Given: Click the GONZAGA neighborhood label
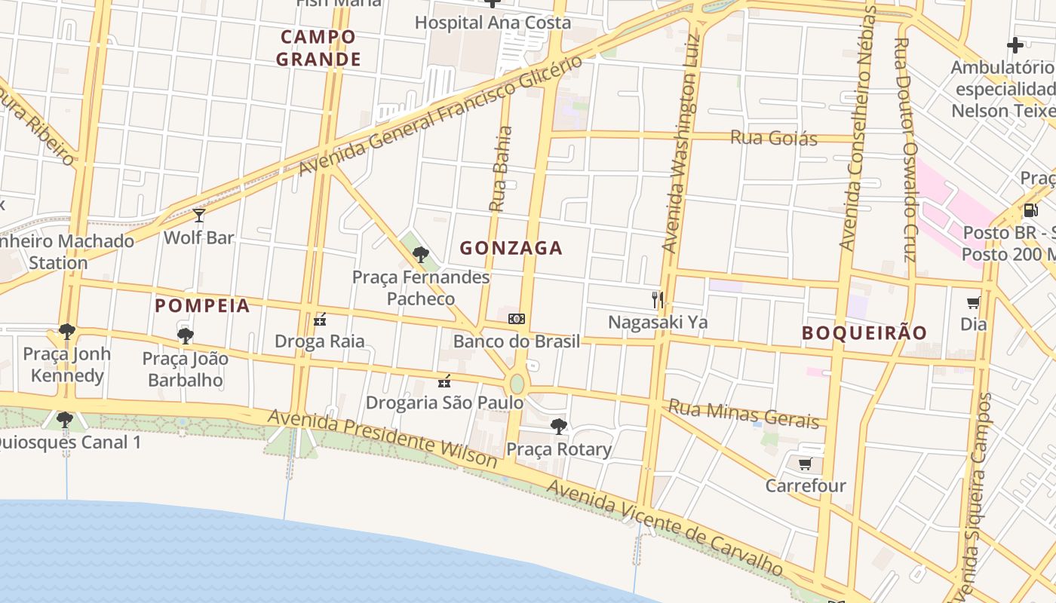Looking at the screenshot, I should click(x=511, y=248).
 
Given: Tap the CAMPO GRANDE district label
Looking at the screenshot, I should click(x=318, y=47).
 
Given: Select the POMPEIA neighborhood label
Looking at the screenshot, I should click(x=202, y=305).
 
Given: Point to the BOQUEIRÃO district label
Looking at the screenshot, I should click(x=864, y=332).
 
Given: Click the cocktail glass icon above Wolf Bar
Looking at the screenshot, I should click(x=199, y=216).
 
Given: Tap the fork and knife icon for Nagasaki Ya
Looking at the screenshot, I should click(x=658, y=300).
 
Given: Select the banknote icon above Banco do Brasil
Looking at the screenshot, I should click(x=517, y=319).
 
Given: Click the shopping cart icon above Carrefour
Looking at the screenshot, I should click(x=805, y=464).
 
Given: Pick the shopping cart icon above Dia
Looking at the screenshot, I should click(x=973, y=303).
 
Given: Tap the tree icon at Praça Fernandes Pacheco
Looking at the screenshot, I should click(x=421, y=255).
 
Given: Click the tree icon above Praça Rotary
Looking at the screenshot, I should click(x=558, y=427).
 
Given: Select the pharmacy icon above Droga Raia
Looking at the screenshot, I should click(x=320, y=320).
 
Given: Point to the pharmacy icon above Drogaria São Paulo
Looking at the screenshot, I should click(x=444, y=381).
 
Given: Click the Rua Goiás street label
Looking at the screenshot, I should click(x=773, y=138).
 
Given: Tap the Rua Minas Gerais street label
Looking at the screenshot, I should click(x=744, y=414).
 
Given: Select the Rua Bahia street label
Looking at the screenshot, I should click(x=500, y=168).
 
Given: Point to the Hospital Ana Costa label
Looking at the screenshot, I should click(x=493, y=23).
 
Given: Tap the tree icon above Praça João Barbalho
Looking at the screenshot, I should click(x=185, y=336).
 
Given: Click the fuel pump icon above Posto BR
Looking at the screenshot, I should click(x=1030, y=210).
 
